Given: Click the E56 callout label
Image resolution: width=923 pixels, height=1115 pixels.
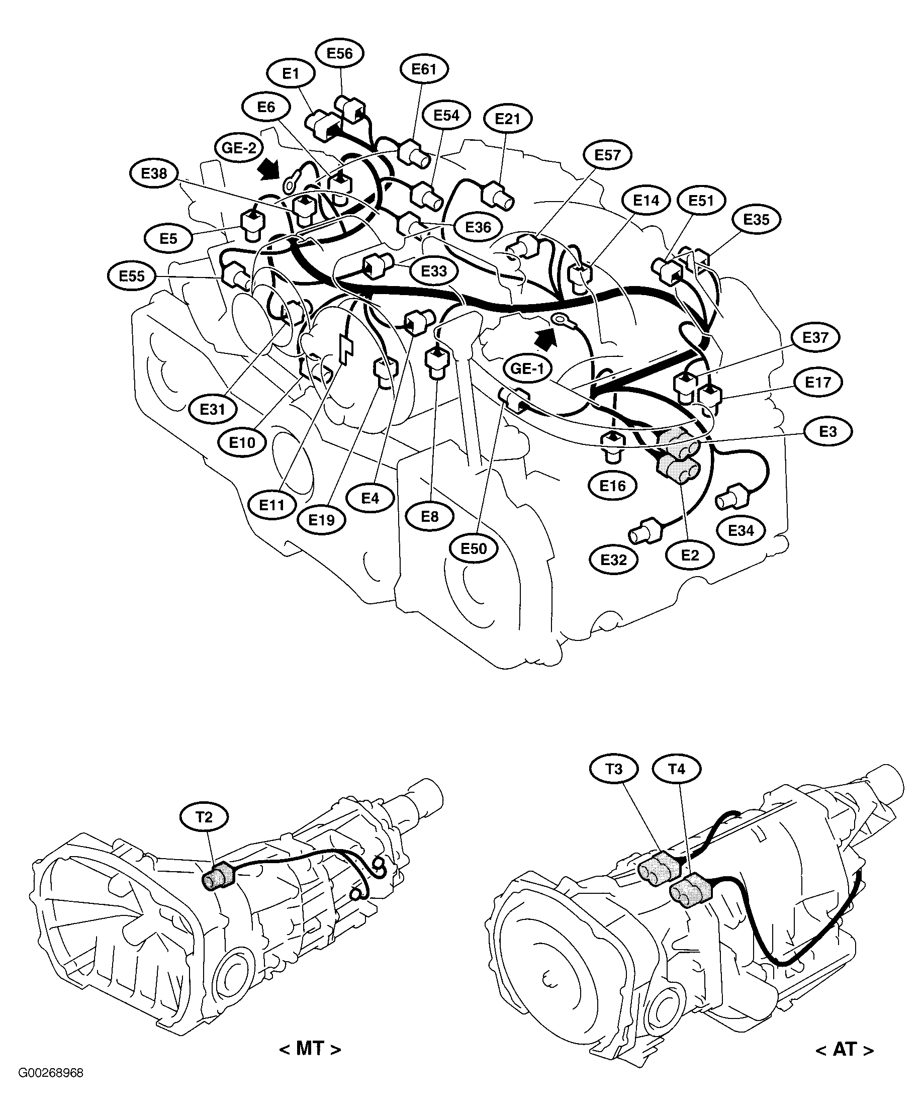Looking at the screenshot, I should [340, 53].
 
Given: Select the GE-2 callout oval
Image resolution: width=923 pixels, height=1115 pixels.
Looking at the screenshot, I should [239, 148].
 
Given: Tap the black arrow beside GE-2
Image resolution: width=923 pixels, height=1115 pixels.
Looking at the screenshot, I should [269, 170].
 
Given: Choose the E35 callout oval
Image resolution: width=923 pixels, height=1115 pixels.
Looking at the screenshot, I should [756, 219].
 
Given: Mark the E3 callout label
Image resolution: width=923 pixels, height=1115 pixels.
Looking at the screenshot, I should [827, 432].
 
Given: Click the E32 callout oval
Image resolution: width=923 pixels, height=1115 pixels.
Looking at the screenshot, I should [614, 560].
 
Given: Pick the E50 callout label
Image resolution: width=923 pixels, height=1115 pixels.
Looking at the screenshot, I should [474, 548].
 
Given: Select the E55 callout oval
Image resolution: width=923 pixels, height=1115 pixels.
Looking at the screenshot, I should [132, 275].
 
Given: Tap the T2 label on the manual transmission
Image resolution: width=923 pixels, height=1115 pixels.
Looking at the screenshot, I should [204, 817].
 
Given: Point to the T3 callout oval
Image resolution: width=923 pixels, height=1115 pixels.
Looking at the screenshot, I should [614, 768].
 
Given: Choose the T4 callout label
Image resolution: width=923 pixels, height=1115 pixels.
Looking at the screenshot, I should [677, 768].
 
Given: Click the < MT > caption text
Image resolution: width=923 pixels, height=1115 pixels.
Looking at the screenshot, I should [310, 1049].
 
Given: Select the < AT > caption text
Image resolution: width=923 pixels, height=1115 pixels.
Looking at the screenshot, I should [845, 1049].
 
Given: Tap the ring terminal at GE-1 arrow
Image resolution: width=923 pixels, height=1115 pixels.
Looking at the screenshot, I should [559, 320].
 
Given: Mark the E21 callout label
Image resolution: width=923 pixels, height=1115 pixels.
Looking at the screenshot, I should [507, 119].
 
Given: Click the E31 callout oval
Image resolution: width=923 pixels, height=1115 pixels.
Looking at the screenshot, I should [213, 409].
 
